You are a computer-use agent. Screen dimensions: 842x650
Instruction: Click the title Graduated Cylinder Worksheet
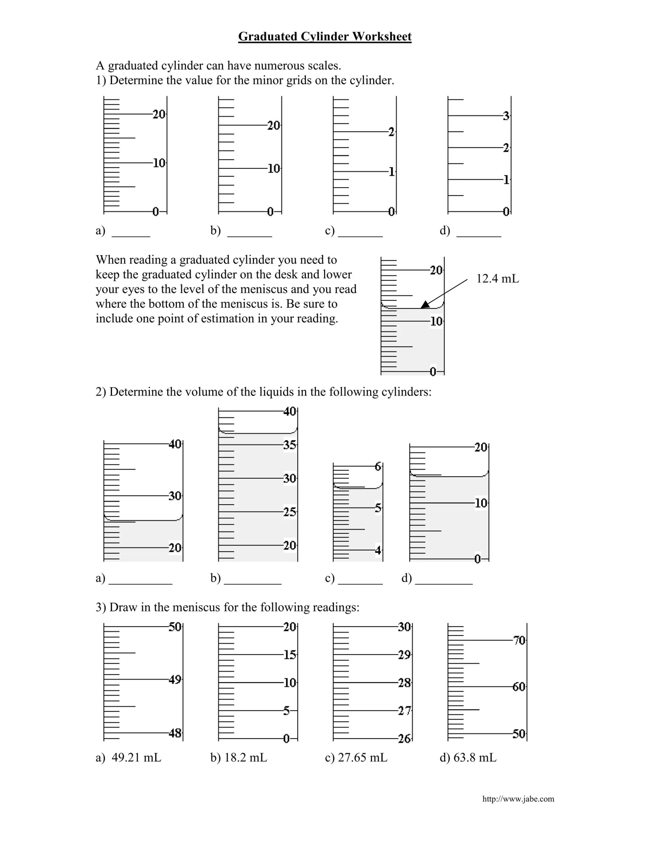click(x=324, y=36)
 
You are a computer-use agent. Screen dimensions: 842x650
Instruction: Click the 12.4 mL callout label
click(x=498, y=278)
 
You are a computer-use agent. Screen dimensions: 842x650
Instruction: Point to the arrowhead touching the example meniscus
click(x=425, y=305)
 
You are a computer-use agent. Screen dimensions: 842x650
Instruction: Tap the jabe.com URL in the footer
click(x=518, y=799)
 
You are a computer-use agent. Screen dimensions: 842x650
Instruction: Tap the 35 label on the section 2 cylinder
click(x=290, y=445)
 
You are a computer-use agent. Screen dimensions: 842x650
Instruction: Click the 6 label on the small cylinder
click(x=378, y=466)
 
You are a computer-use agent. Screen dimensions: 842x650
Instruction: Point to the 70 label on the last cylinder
click(x=519, y=641)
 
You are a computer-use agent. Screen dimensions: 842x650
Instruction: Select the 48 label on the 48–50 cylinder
click(x=175, y=733)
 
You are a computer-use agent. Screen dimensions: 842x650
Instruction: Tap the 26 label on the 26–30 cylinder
click(x=404, y=739)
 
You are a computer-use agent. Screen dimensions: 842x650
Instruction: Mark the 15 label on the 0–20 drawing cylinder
click(x=290, y=655)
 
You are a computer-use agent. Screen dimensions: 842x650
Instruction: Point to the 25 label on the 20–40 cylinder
click(x=290, y=512)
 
